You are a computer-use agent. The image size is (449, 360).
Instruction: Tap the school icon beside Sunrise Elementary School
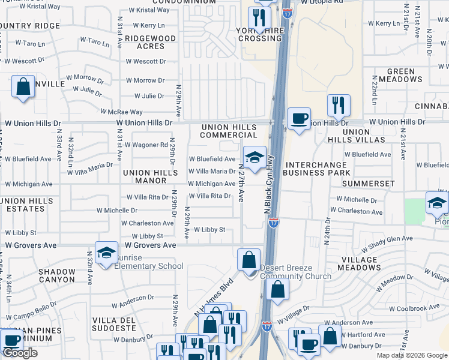pos(106,253)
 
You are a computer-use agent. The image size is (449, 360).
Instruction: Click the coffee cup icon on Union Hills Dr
pos(299,118)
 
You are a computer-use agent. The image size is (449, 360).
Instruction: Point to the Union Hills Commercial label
pos(229,131)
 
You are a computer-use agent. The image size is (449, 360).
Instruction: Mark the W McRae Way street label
pos(121,112)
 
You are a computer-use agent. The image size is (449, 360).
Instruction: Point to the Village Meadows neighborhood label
pos(359,263)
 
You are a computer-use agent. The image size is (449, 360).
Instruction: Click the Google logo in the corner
pos(20,353)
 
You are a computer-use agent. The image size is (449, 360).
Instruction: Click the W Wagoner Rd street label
pos(146,145)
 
